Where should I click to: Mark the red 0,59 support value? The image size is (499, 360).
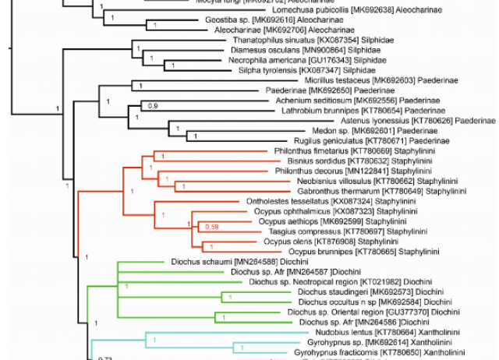tap(211, 227)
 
